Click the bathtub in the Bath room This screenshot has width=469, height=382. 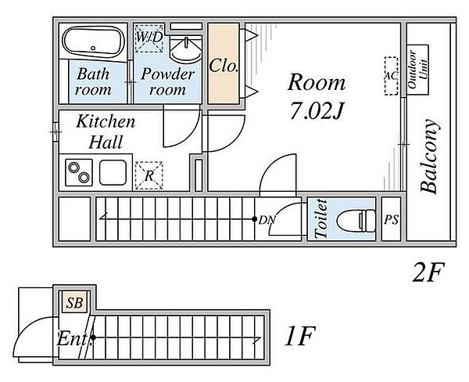(x=93, y=43)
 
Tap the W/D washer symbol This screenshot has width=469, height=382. (x=149, y=38)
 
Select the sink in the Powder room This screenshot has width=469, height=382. (x=185, y=49)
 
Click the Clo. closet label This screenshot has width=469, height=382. (x=224, y=66)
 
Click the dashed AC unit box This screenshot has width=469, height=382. (x=392, y=76)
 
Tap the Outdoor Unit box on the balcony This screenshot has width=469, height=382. (x=418, y=70)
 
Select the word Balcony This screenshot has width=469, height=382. (x=430, y=156)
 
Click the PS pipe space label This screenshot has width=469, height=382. (x=392, y=220)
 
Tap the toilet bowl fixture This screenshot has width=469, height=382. (x=356, y=221)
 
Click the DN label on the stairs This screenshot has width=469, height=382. (x=267, y=220)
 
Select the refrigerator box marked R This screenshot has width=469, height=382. (x=149, y=175)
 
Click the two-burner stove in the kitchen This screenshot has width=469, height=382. (x=79, y=172)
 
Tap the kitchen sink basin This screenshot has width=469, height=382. (x=113, y=172)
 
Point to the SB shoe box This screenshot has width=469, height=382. (x=74, y=303)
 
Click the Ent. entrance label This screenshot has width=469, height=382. (x=73, y=339)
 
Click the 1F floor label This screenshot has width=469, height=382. (x=299, y=336)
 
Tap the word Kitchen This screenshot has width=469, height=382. (x=106, y=121)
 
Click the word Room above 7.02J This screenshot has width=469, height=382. (x=317, y=82)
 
